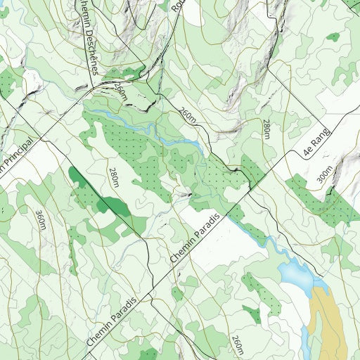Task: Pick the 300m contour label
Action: click(324, 175)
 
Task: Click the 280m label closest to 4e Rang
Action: click(266, 129)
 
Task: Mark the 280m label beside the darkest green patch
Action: click(114, 177)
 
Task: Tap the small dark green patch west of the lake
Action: click(252, 314)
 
